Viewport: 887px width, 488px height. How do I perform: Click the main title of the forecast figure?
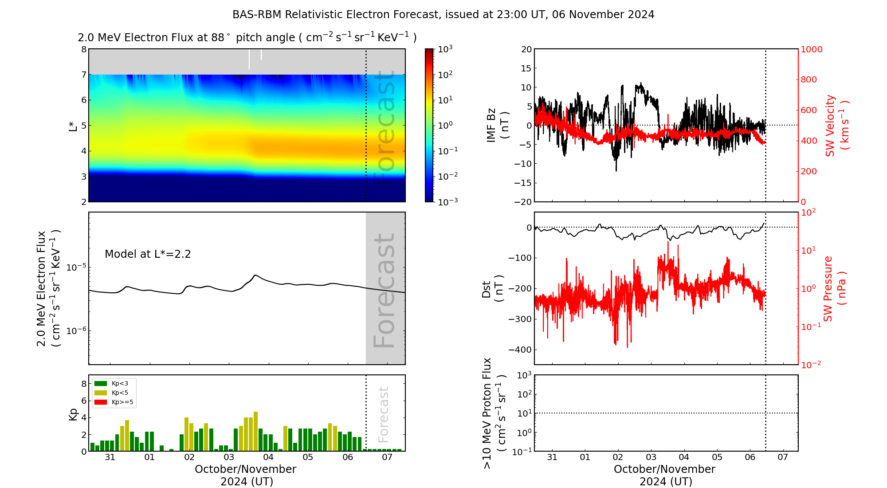(443, 15)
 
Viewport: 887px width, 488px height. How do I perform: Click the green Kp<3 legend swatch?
(101, 383)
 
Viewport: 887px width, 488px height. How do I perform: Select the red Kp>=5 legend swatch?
(101, 402)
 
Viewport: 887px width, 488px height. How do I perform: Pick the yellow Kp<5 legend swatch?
(101, 393)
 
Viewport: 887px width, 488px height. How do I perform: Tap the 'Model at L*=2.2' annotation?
(148, 254)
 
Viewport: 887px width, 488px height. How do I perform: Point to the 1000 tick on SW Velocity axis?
(811, 49)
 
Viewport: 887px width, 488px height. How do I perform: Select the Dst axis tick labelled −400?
(520, 350)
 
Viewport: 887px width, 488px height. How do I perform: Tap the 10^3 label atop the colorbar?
(445, 49)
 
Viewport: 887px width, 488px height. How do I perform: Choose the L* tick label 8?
(83, 49)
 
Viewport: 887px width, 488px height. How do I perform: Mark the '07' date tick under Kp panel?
(387, 457)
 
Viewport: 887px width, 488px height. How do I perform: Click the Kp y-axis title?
(73, 414)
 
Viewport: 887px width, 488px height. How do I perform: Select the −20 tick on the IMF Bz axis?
(523, 202)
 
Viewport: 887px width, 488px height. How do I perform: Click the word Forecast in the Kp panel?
(383, 414)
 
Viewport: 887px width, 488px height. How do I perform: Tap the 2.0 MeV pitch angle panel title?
(247, 38)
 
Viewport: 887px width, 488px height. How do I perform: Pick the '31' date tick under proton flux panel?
(552, 457)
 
